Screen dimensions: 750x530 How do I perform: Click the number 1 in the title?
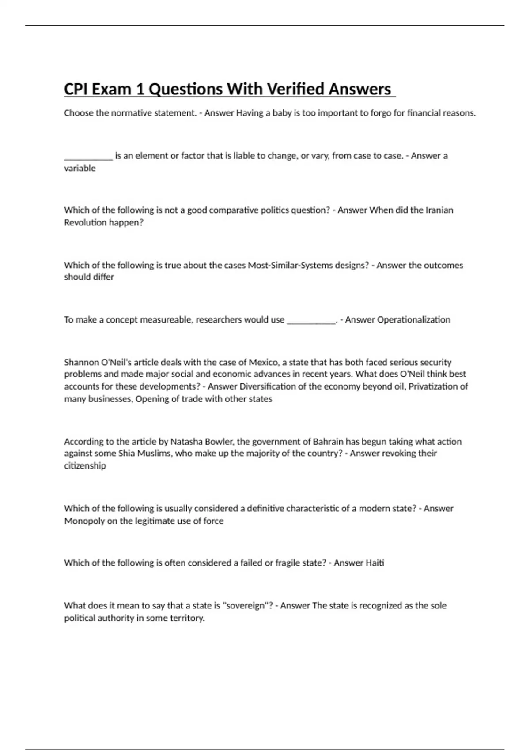point(140,89)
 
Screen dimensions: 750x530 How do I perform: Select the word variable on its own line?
point(79,168)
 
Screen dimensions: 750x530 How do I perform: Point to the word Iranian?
point(439,210)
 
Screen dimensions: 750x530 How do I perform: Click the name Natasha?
point(186,441)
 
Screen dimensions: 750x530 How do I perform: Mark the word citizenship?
point(85,465)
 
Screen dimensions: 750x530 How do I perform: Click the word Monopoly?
point(84,521)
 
